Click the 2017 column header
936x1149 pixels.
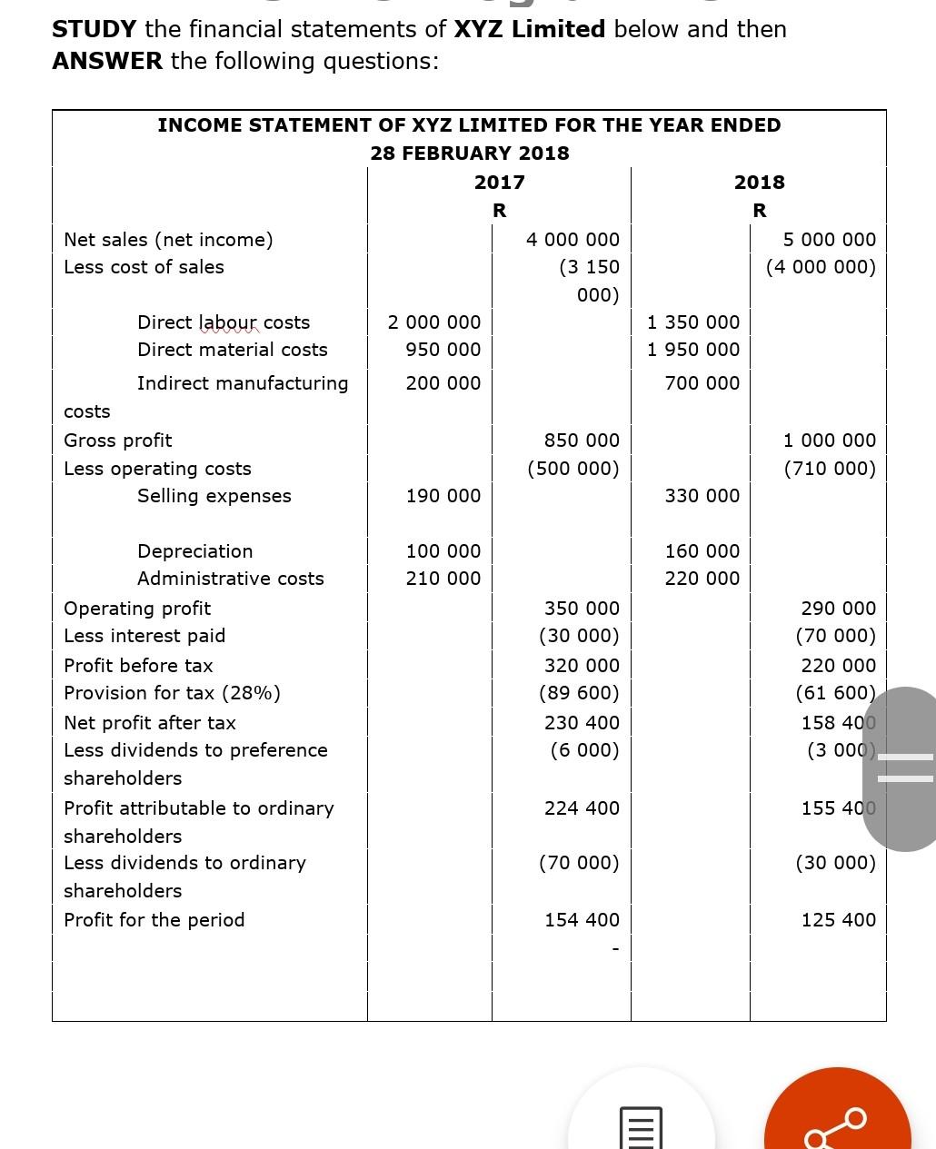pos(499,183)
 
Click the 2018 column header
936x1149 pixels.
pos(759,183)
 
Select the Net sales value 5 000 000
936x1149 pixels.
pos(829,240)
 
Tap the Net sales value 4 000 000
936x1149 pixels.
pos(573,240)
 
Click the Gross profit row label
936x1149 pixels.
pos(118,441)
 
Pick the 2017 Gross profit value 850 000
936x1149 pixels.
pos(582,441)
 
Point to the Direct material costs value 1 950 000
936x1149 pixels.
pos(693,350)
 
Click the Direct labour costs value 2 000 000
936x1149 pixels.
pos(434,322)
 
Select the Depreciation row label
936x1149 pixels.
pos(195,551)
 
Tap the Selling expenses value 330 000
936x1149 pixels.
pos(702,496)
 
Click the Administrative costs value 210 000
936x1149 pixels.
pos(443,579)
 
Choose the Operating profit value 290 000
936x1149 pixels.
pos(838,609)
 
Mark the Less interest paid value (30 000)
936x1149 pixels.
pos(579,636)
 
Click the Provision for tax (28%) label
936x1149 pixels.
pos(172,693)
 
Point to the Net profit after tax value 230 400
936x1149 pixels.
pos(582,723)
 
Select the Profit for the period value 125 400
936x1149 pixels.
pos(838,920)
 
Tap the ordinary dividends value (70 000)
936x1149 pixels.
pos(579,863)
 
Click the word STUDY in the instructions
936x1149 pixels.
pos(95,29)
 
